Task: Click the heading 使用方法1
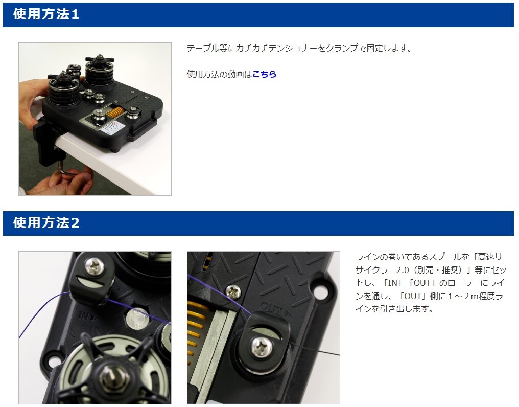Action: (x=46, y=14)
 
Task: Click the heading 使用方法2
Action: (x=46, y=222)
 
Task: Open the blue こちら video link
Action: (x=264, y=74)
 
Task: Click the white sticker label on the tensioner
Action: (x=110, y=127)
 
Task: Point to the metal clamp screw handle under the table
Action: (x=68, y=167)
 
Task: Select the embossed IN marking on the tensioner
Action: (x=87, y=315)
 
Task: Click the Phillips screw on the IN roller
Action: (x=96, y=266)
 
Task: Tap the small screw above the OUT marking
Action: (x=233, y=290)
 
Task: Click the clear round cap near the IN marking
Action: (x=136, y=318)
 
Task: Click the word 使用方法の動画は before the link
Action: (x=220, y=74)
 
